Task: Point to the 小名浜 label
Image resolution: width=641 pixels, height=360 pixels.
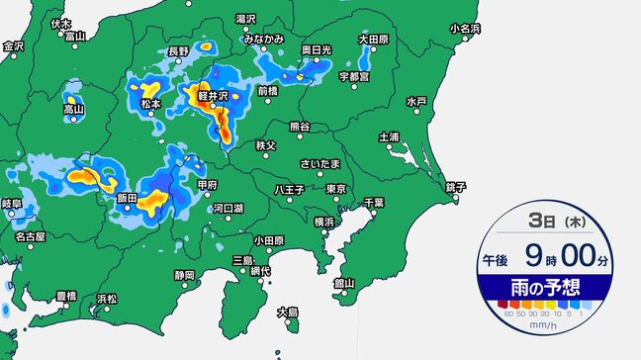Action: [x=464, y=28]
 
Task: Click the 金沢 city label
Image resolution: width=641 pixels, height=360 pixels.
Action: [x=13, y=45]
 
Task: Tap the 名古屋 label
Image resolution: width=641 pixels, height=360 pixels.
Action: [x=30, y=236]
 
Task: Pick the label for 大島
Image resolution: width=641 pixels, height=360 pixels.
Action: [x=287, y=311]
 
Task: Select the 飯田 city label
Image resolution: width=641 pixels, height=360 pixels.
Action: [x=127, y=198]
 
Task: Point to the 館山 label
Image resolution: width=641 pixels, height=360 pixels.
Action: [x=345, y=282]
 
